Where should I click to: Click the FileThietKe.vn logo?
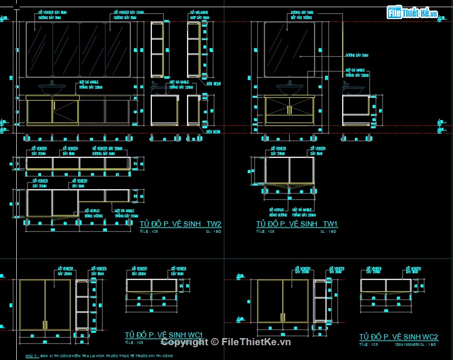[x=412, y=13]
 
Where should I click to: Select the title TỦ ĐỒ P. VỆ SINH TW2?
[x=180, y=224]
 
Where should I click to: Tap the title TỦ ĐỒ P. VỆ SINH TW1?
[x=297, y=224]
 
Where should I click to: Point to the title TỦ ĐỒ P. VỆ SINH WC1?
[x=164, y=334]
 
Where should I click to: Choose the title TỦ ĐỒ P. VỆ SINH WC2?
[x=399, y=337]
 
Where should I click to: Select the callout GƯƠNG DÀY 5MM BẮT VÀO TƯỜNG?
[x=302, y=14]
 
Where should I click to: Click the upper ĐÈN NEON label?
[x=213, y=83]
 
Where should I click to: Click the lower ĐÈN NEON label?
[x=213, y=132]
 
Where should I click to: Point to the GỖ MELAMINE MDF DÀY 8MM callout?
[x=200, y=14]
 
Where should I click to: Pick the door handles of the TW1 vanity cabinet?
[x=289, y=110]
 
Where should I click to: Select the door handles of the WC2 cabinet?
[x=282, y=318]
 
